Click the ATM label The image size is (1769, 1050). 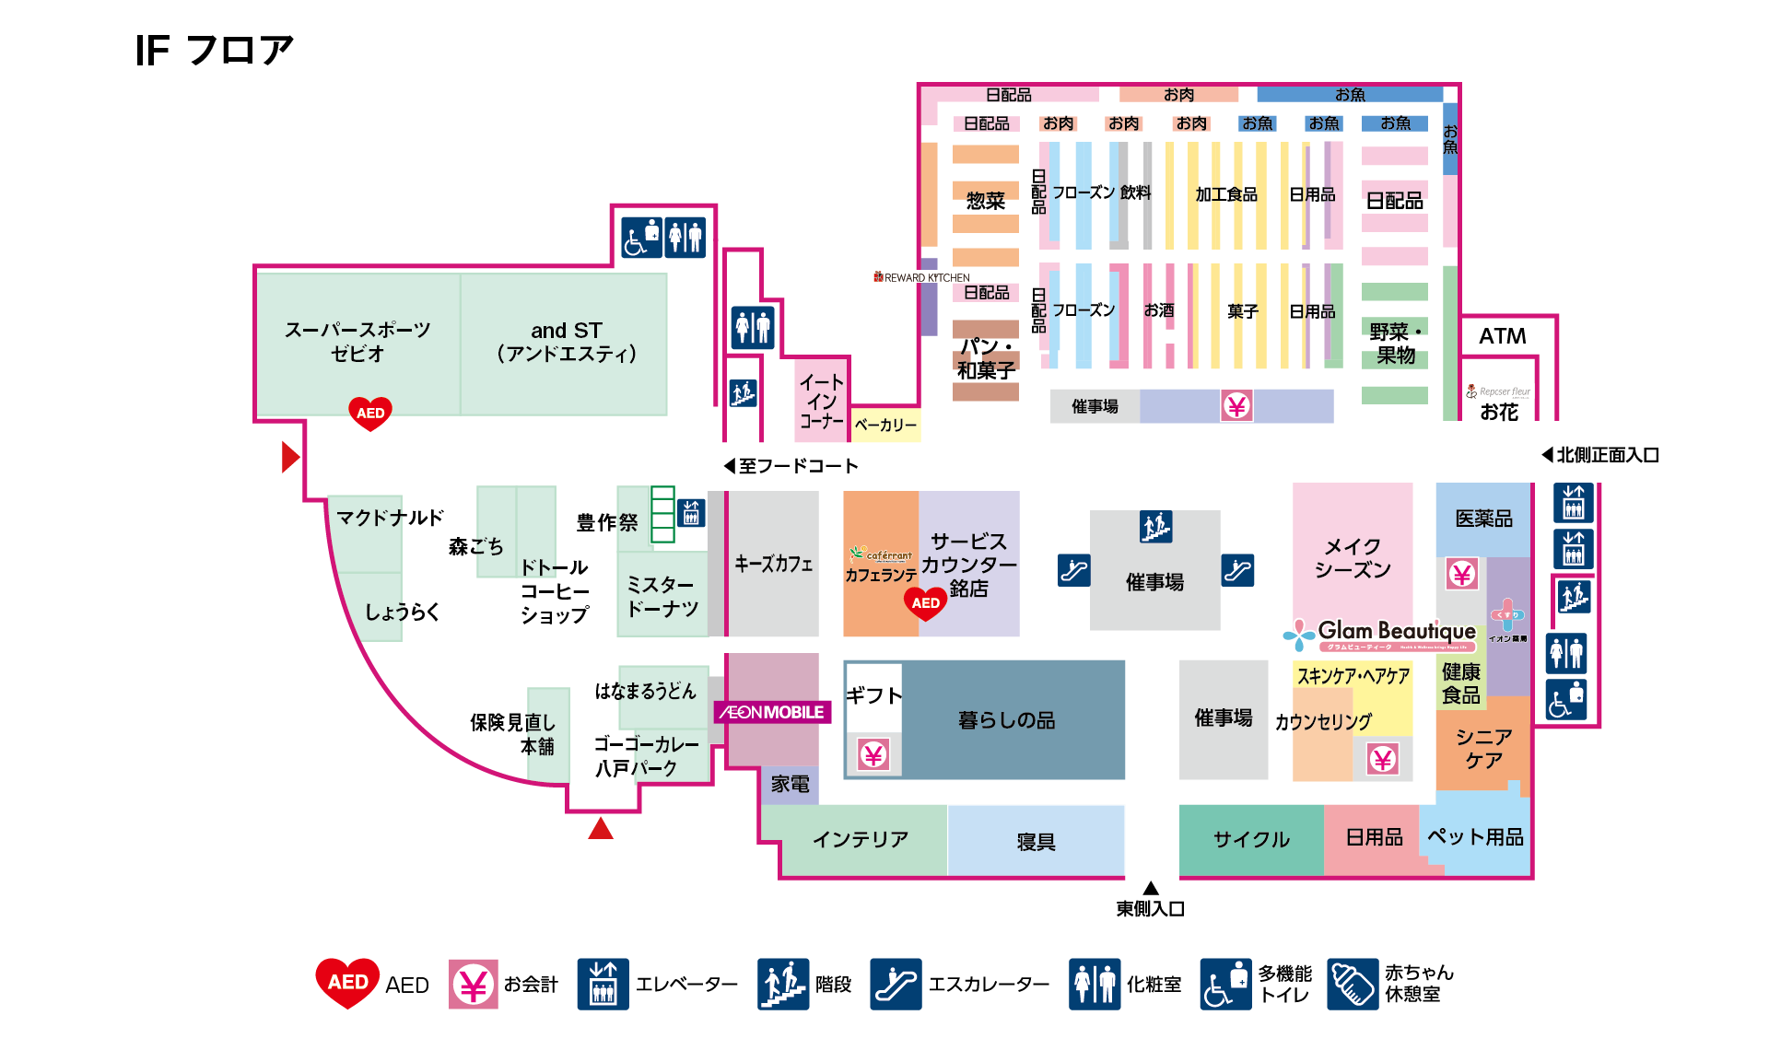click(1502, 336)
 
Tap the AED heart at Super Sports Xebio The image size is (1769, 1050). click(370, 413)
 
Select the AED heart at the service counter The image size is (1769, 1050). click(926, 603)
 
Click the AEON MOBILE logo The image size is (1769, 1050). click(773, 712)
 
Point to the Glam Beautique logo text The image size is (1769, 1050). click(1396, 631)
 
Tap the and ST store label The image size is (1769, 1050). click(566, 342)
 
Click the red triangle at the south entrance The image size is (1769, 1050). click(601, 829)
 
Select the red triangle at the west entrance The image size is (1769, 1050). click(290, 457)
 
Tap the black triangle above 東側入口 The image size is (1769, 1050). click(1151, 888)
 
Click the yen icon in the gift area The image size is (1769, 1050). click(873, 755)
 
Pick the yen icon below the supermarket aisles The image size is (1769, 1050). click(1236, 405)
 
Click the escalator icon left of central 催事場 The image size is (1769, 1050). click(1074, 570)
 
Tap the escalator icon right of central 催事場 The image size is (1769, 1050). click(1237, 570)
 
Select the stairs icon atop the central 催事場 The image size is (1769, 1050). click(1155, 526)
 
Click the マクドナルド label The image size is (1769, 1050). click(390, 518)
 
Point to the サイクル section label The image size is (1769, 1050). click(1251, 839)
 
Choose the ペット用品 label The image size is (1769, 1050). click(1474, 836)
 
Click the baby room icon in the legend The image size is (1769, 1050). click(1352, 984)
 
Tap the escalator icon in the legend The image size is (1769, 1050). click(896, 984)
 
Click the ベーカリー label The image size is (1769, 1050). click(885, 425)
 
